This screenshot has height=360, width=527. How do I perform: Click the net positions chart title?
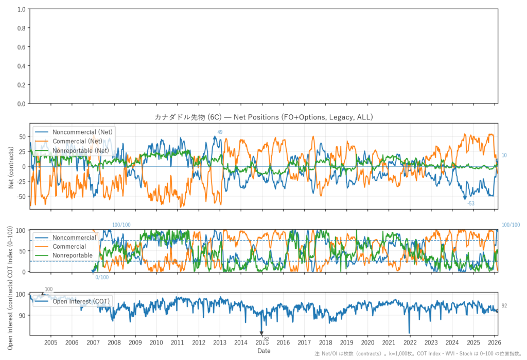pos(263,117)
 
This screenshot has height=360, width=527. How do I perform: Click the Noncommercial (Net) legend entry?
pos(82,132)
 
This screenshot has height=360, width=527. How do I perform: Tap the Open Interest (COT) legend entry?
pos(79,301)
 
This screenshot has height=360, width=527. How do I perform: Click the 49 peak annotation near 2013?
pos(220,132)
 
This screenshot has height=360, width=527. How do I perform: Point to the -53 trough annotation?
pos(470,203)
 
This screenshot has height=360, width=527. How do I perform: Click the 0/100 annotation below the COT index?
pos(102,278)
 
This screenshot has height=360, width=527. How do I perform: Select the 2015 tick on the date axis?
pos(261,342)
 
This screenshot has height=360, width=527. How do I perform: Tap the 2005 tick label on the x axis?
pos(51,342)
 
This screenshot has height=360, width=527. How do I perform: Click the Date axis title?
pos(263,351)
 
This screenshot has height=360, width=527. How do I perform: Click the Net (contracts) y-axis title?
pos(11,166)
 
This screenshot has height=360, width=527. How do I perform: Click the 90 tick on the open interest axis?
pos(22,315)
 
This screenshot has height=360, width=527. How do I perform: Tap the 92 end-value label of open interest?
pos(504,306)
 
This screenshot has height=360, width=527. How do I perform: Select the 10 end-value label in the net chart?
pos(504,155)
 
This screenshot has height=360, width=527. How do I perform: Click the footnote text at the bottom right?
pos(420,355)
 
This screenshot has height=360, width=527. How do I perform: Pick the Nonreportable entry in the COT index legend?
pos(73,255)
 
